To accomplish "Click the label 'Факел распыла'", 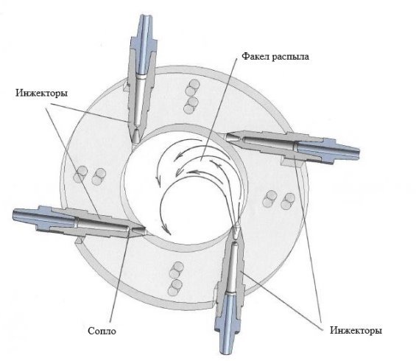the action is tap(275, 57).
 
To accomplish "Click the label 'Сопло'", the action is tap(102, 331).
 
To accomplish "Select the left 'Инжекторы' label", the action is tap(41, 93).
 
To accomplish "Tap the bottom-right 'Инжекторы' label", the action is tap(356, 331).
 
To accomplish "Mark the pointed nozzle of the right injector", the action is tap(235, 138).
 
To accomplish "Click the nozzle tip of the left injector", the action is tap(138, 231).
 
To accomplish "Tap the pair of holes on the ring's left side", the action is tap(91, 175).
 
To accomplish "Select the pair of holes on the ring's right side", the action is tap(278, 200).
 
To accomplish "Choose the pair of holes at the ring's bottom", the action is tap(176, 278).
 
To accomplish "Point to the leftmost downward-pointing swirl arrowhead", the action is tap(158, 180).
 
